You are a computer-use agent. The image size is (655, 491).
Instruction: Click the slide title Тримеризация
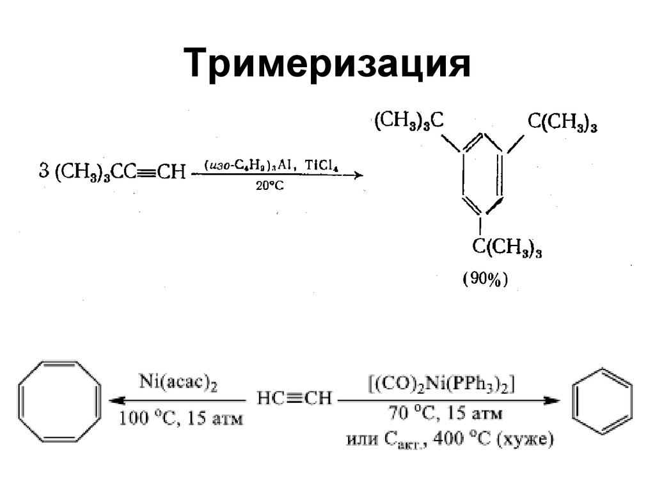[x=327, y=64]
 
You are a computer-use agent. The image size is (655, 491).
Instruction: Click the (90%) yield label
[x=484, y=279]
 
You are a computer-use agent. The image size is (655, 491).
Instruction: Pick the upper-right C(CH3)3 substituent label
[x=562, y=121]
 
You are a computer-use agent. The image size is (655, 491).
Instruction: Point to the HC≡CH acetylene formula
[x=295, y=399]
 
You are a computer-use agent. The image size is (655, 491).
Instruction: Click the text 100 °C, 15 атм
[x=182, y=418]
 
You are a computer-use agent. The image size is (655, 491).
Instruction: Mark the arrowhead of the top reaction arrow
[x=357, y=175]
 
